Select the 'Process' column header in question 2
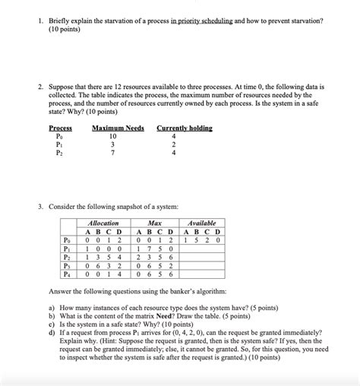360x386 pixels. point(61,128)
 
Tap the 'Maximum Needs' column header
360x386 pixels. point(118,128)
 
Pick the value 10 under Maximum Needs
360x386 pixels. point(112,137)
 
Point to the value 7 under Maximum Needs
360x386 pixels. point(112,153)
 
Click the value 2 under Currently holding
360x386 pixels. point(175,145)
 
